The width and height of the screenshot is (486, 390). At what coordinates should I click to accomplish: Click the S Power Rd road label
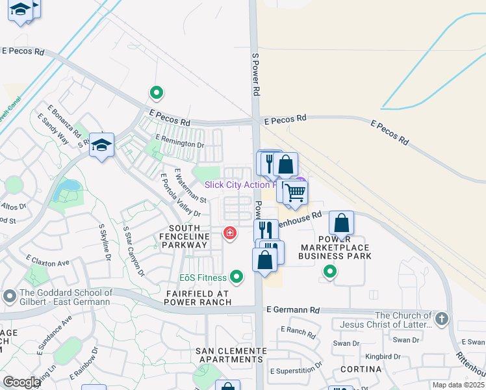255,75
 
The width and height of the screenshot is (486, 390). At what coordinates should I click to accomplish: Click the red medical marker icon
229,233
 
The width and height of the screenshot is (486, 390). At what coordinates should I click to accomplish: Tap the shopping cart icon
295,192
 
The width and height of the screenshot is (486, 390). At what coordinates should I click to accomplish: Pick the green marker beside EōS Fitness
237,278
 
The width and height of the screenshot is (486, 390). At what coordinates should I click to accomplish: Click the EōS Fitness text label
203,278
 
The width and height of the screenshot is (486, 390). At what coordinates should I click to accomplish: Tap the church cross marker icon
442,319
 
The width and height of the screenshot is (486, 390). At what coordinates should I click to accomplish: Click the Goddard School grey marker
9,297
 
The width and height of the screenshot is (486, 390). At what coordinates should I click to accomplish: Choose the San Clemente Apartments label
231,355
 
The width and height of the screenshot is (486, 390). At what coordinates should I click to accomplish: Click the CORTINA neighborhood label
359,369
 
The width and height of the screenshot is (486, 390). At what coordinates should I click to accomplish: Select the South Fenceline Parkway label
188,237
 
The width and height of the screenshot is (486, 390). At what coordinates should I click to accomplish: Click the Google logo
21,382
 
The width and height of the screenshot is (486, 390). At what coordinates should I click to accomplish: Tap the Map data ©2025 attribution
457,385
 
